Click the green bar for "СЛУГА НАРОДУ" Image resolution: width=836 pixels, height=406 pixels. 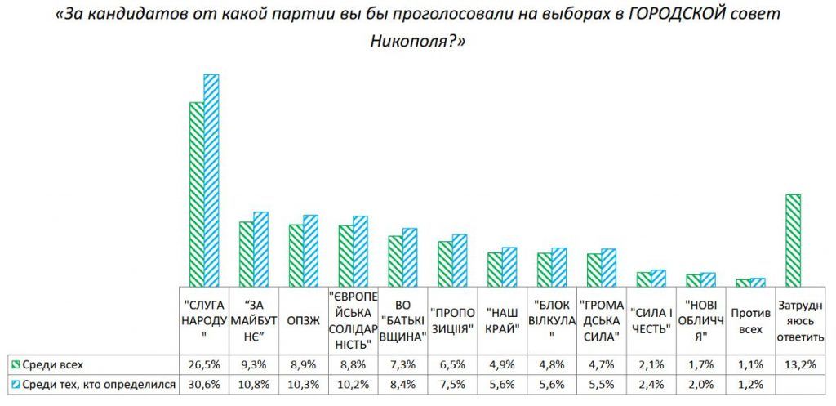pos(197,194)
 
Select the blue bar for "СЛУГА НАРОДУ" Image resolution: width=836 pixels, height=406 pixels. pos(211,180)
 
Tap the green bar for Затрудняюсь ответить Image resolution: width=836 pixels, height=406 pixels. pos(792,239)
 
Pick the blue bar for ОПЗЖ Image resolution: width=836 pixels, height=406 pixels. pos(310,250)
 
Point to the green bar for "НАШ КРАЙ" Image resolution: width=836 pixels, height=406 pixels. pos(495,269)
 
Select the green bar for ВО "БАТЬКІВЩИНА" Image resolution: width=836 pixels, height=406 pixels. pos(395,261)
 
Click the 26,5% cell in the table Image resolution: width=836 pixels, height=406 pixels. pos(203,364)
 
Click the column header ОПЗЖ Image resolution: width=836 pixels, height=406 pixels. pos(303,320)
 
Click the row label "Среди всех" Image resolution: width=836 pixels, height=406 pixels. pos(52,364)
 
